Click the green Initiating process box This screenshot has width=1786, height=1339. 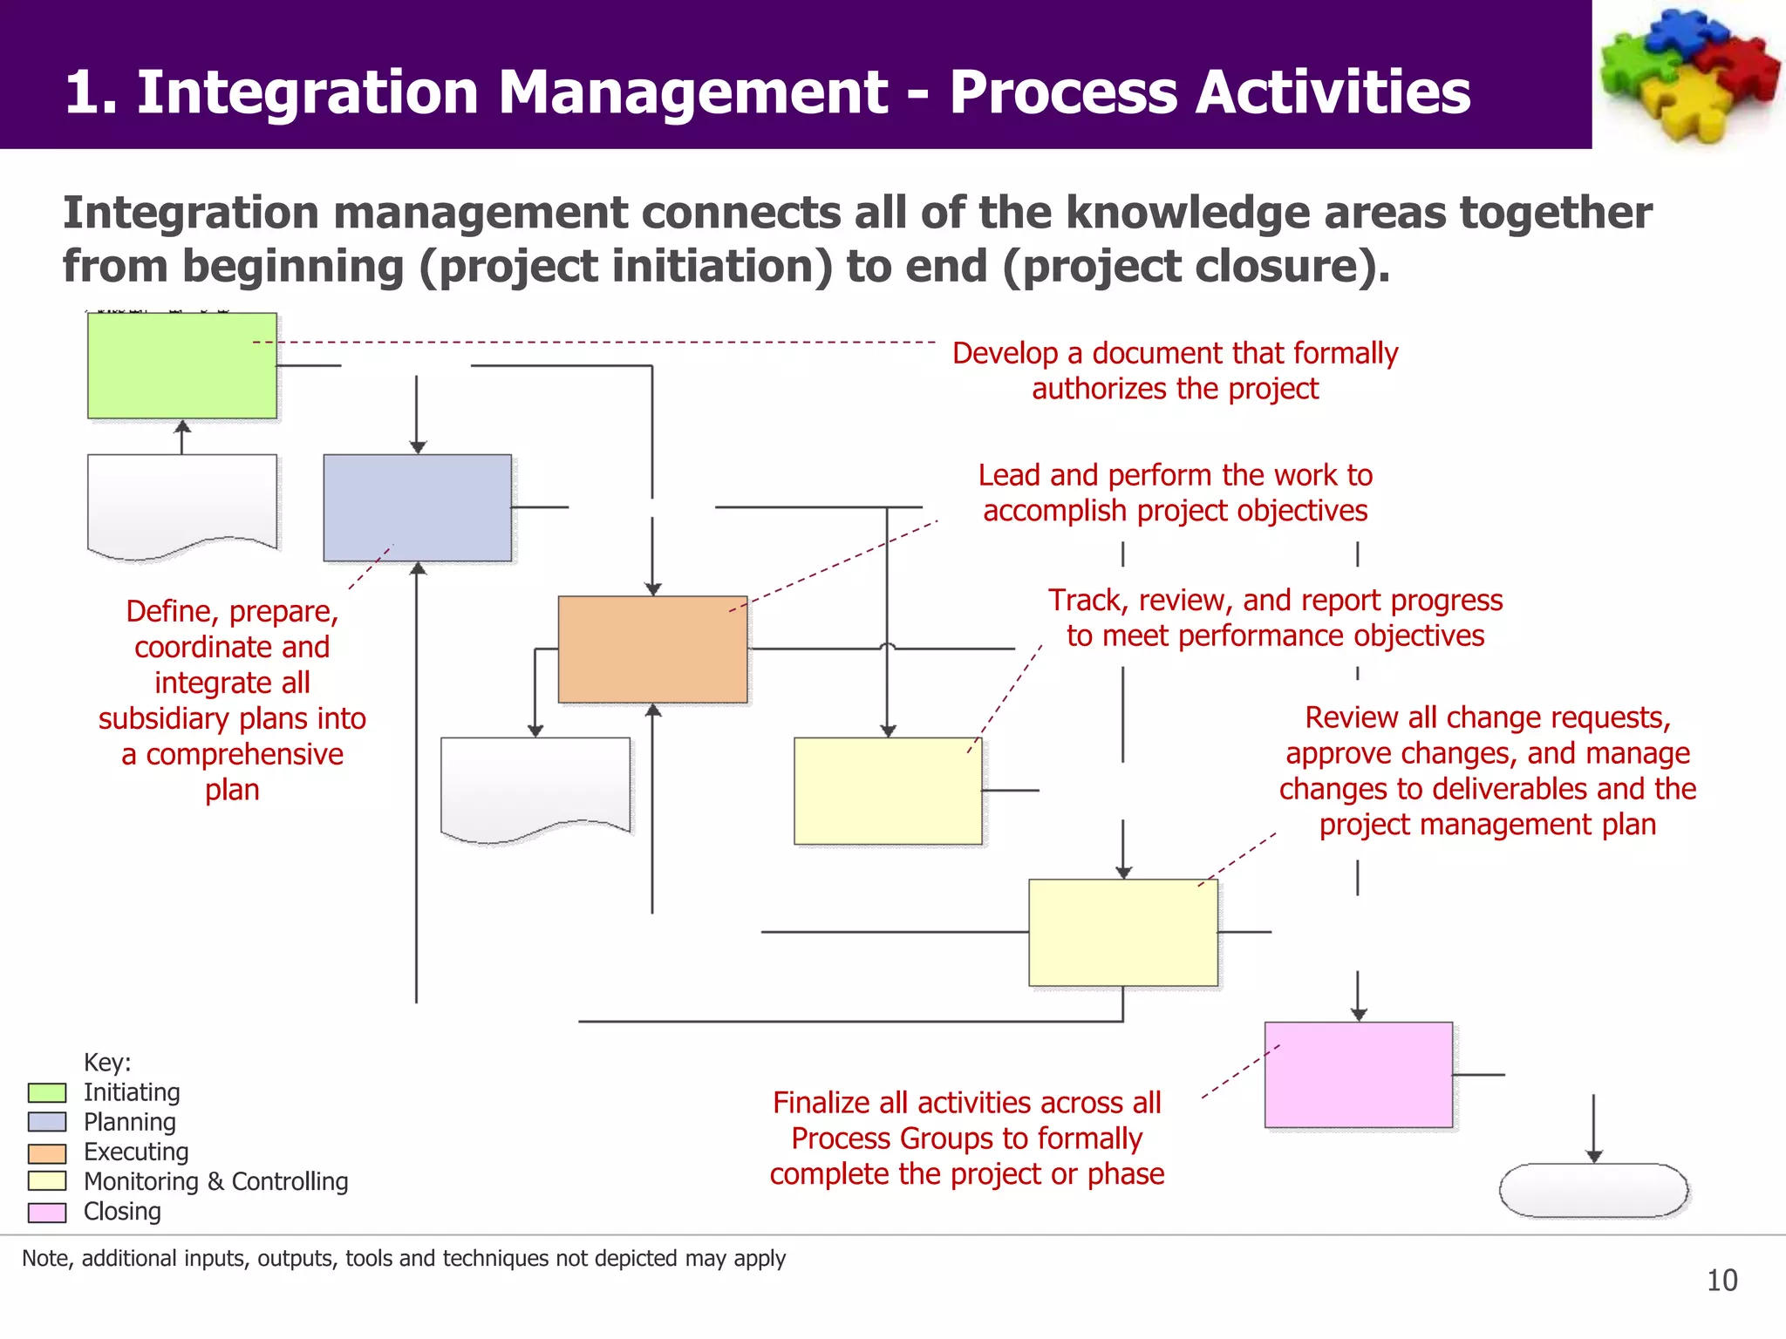(181, 365)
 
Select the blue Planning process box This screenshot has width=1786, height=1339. (417, 507)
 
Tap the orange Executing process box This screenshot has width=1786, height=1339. (652, 649)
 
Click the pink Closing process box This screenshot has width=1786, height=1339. (1358, 1074)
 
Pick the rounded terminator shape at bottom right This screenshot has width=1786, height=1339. (1593, 1190)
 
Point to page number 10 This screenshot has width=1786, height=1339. (1721, 1281)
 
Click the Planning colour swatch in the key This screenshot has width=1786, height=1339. (47, 1122)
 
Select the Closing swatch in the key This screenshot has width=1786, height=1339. (47, 1212)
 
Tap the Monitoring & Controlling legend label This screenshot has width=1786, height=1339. (215, 1181)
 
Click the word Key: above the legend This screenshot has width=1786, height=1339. (107, 1062)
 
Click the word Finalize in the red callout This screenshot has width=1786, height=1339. (821, 1103)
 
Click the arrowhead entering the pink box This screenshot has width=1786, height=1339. (1358, 1015)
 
